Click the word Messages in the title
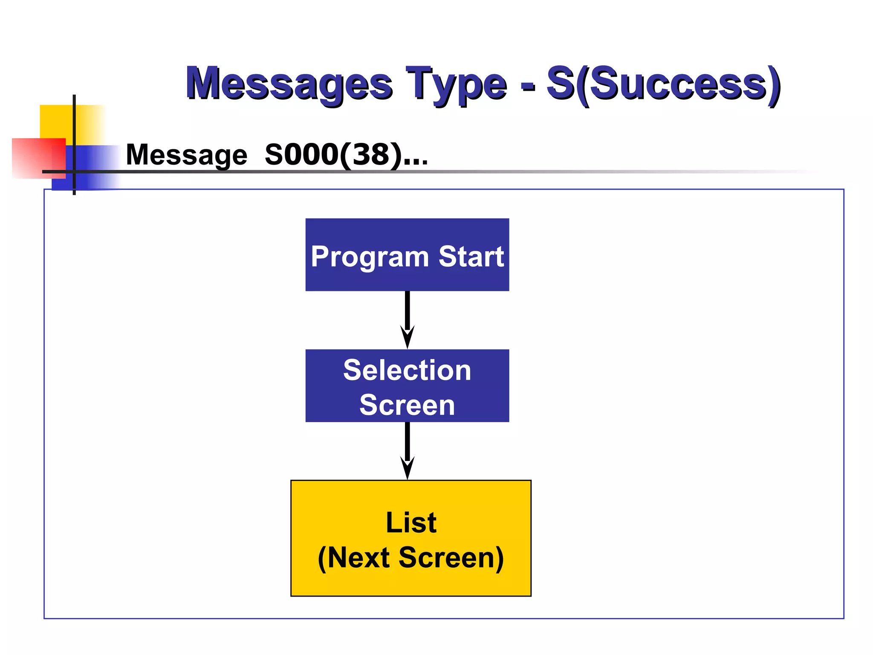289,84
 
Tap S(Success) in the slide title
663,84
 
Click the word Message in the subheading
186,155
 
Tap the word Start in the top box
471,257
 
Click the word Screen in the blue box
407,405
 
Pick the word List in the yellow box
411,522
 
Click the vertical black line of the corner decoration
74,128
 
